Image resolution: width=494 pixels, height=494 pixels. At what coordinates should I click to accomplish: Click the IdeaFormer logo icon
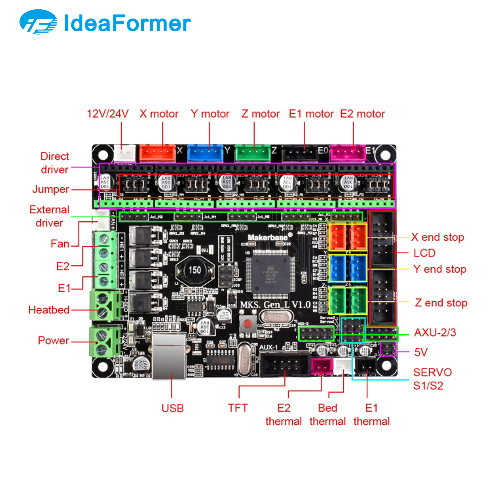point(38,22)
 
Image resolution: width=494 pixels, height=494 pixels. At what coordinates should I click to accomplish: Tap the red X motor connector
point(158,153)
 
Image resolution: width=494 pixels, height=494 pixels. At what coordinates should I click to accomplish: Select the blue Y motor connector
point(205,153)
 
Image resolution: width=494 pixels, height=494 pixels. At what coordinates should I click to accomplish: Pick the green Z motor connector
point(253,153)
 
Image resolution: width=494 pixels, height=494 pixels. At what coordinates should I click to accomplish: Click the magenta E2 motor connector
point(348,153)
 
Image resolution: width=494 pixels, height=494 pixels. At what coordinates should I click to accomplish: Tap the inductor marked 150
point(195,270)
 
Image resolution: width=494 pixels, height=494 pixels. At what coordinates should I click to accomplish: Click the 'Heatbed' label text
point(49,310)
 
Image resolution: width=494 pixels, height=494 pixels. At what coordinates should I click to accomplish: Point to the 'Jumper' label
point(51,189)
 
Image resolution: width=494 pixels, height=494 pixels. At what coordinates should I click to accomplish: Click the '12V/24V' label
point(108,114)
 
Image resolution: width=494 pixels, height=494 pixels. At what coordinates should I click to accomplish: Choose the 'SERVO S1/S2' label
point(432,379)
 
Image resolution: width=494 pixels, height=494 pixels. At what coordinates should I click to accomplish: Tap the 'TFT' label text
point(238,408)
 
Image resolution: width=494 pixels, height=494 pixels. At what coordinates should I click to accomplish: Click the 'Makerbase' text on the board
point(268,238)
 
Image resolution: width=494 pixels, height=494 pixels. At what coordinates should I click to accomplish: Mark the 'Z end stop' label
point(441,303)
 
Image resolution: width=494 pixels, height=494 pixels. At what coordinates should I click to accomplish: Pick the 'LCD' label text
point(424,253)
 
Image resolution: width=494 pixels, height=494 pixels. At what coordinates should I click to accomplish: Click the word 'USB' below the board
point(173,408)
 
